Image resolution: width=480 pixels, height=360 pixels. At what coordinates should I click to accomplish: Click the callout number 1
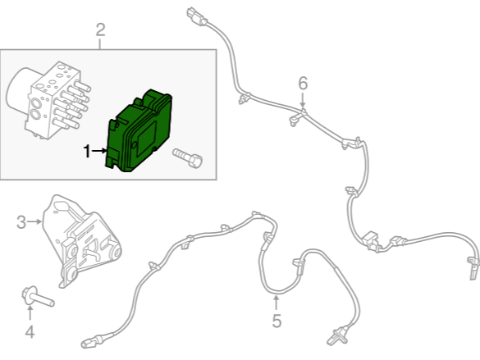87,151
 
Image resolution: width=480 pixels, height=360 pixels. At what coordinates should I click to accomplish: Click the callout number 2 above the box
101,30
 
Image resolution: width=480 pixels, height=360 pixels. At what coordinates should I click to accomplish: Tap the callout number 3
21,222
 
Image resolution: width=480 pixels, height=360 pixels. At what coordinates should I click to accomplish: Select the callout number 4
30,332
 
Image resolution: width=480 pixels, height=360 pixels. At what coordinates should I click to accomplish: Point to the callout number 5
277,321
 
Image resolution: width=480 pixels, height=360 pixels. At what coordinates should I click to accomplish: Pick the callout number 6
303,83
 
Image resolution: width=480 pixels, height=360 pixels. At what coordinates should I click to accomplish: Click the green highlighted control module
139,130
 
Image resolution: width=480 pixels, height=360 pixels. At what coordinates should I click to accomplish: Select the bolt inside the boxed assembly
187,157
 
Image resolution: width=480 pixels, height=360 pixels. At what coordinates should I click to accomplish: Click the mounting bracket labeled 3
82,241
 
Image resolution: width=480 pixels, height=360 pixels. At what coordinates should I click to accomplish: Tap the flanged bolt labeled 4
38,297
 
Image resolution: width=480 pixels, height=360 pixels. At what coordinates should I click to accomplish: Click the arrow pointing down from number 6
303,101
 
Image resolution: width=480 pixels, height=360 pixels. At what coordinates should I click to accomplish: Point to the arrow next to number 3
34,221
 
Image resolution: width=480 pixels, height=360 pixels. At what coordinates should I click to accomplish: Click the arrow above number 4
30,313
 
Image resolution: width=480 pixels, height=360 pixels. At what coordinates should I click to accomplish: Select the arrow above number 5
277,303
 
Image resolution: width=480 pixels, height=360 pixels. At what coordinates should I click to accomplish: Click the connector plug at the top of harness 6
196,17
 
